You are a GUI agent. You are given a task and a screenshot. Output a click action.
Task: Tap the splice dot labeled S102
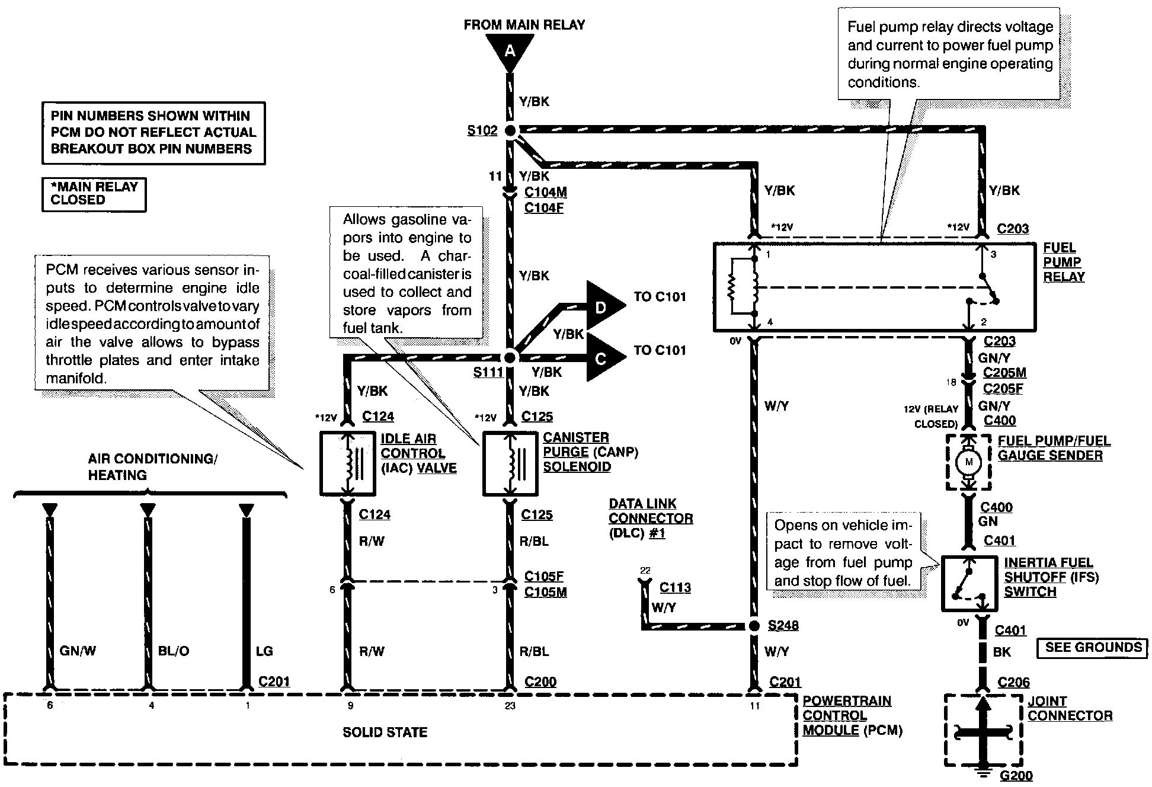click(x=510, y=130)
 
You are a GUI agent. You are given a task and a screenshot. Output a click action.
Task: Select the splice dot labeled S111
click(x=510, y=357)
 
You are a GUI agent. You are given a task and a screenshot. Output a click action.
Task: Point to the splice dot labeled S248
click(x=754, y=626)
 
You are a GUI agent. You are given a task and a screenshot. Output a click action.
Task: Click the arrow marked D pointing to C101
click(x=603, y=306)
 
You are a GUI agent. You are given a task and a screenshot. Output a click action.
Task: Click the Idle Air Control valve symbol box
click(x=347, y=463)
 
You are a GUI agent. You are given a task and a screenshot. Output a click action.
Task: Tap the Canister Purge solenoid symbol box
click(x=510, y=463)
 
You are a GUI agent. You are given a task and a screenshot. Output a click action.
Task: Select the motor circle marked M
click(x=969, y=462)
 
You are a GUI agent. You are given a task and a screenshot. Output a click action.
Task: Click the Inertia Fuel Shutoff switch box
click(x=970, y=584)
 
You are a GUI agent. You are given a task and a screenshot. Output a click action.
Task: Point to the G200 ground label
click(x=1016, y=775)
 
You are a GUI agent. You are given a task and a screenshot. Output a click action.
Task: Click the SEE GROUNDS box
click(x=1093, y=648)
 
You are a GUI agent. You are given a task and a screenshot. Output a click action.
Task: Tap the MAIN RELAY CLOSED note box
click(x=94, y=194)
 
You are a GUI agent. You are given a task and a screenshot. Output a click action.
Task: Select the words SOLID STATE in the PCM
click(x=385, y=732)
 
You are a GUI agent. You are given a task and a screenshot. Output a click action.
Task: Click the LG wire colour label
click(x=264, y=651)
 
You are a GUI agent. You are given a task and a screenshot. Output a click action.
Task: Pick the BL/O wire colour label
click(x=174, y=651)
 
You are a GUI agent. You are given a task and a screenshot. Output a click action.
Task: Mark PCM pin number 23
click(x=510, y=706)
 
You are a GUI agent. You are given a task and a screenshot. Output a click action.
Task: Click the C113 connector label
click(x=675, y=587)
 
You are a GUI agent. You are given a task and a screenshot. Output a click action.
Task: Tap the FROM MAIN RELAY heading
click(x=524, y=25)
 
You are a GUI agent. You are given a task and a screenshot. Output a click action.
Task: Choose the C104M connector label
click(x=545, y=192)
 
